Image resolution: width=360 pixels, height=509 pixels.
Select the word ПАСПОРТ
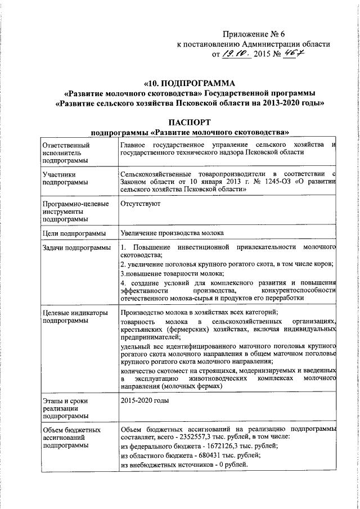190,121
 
